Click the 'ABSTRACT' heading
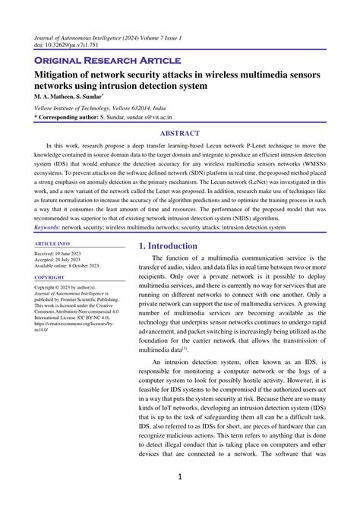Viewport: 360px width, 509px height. (x=179, y=132)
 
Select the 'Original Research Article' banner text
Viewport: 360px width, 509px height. (x=107, y=59)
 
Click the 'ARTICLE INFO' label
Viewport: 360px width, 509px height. (x=53, y=244)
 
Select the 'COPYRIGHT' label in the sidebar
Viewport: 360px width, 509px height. (x=50, y=278)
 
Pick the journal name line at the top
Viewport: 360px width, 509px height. (x=108, y=36)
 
